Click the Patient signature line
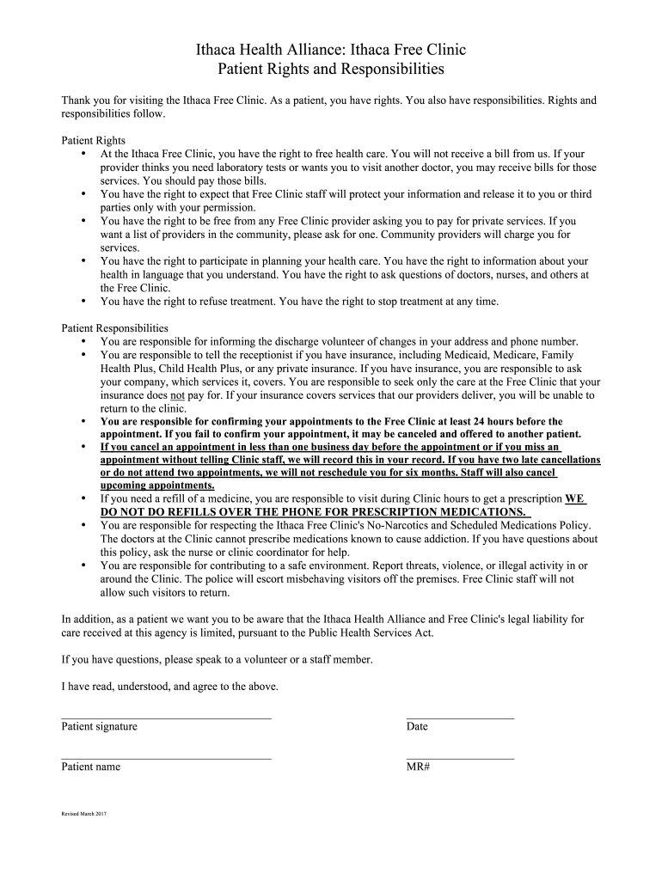166,716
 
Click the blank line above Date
460,716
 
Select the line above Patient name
166,757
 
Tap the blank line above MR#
460,757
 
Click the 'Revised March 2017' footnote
83,813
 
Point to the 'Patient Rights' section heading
93,140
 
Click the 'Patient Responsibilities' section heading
114,328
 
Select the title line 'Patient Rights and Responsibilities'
331,69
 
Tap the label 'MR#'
418,767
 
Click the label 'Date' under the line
417,726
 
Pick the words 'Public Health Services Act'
372,632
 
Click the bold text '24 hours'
507,422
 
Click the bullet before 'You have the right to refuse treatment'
83,301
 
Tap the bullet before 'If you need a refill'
83,498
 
